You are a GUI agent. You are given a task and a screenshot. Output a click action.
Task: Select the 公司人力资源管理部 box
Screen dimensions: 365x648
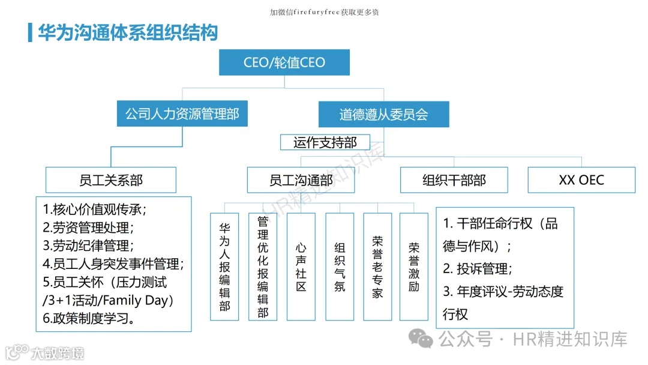tap(182, 114)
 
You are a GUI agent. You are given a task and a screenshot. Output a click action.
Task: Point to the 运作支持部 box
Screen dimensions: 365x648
tap(325, 142)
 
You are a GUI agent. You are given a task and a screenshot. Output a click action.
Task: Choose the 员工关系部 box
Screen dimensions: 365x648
tap(111, 180)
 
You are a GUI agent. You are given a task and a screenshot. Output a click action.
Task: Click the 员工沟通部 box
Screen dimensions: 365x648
tap(301, 180)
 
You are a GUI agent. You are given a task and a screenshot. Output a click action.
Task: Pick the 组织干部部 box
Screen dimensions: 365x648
tap(454, 180)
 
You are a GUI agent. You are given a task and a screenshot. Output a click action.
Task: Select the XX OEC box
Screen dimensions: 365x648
tap(581, 180)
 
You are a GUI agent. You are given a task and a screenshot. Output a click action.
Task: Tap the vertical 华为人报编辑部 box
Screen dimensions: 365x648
tap(225, 266)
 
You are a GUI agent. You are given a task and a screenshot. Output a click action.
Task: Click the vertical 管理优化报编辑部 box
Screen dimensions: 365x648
tap(263, 266)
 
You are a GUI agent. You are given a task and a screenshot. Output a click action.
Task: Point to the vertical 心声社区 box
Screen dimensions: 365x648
tap(301, 266)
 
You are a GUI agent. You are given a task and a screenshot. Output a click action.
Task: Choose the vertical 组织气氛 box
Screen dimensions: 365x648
tap(340, 266)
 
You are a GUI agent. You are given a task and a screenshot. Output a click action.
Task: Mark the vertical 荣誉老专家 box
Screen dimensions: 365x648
tap(377, 266)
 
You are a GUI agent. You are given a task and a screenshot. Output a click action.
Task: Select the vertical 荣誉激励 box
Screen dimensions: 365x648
tap(414, 266)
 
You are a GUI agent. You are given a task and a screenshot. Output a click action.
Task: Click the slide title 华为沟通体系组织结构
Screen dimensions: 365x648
tap(128, 32)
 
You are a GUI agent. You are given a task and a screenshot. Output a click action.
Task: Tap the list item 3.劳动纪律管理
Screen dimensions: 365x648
tap(88, 246)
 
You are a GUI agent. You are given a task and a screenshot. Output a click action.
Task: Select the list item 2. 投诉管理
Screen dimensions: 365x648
tap(478, 268)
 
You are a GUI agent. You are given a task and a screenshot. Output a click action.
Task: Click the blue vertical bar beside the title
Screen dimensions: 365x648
tap(30, 32)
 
